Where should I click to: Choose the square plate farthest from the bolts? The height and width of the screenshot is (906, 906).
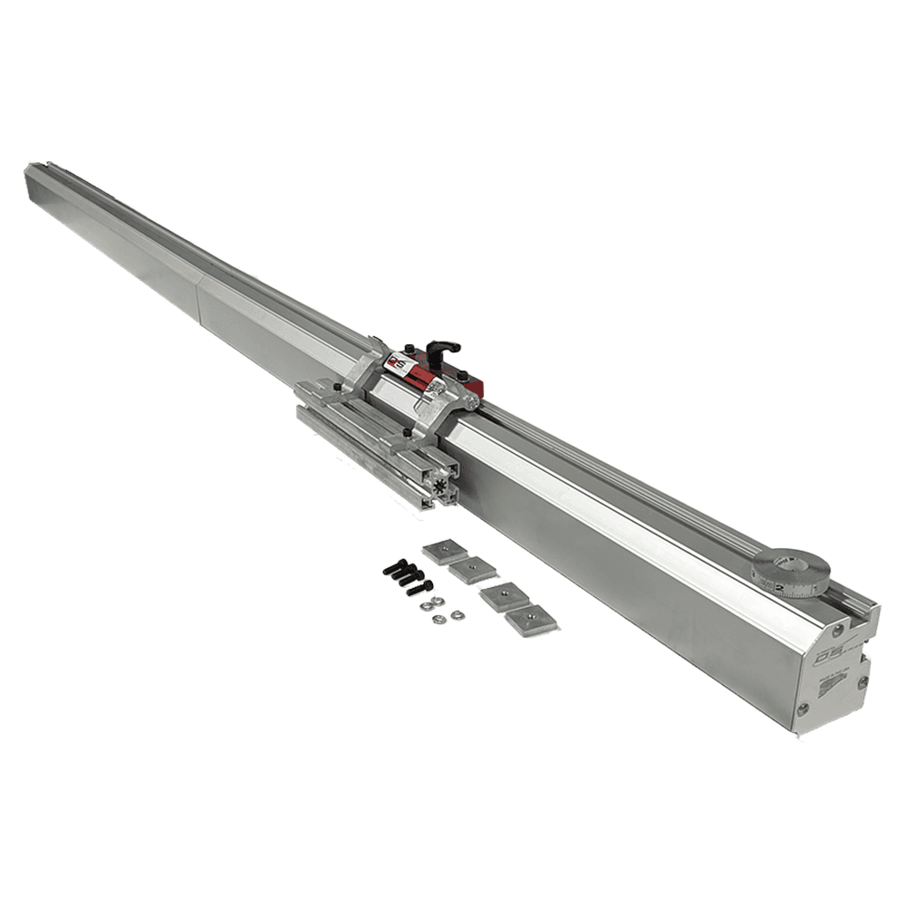530,622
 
